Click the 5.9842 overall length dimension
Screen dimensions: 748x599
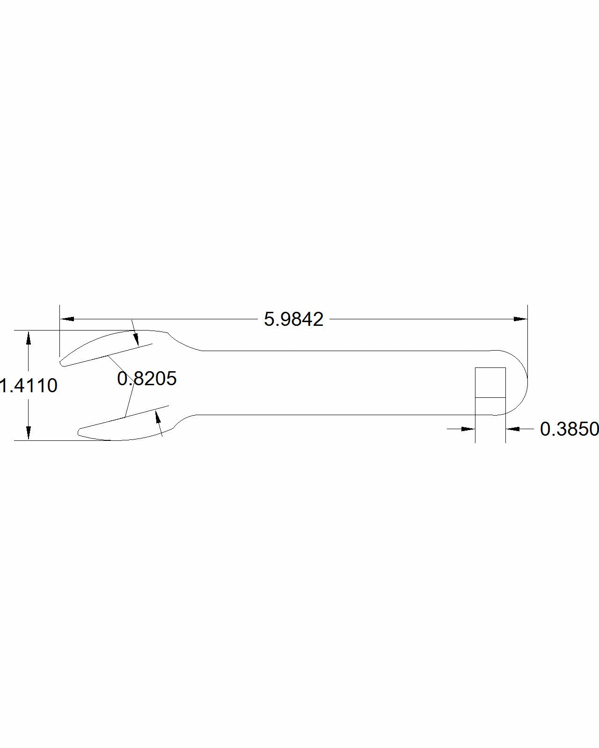click(293, 319)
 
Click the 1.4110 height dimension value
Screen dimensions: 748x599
click(29, 386)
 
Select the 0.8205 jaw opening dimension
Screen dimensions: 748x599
click(147, 379)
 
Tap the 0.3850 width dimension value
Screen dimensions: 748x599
click(569, 429)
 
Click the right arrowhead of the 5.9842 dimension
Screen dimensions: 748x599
click(520, 319)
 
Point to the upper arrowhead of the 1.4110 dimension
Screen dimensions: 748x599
click(29, 338)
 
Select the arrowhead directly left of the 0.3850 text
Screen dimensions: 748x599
click(513, 429)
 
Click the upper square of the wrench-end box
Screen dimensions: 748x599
click(490, 382)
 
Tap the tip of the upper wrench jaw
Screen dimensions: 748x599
click(61, 363)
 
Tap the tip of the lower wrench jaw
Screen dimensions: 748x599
click(80, 432)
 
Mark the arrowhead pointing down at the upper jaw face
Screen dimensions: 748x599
click(136, 339)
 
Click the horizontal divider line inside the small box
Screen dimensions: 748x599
click(490, 397)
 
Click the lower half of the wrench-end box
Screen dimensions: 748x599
click(490, 406)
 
